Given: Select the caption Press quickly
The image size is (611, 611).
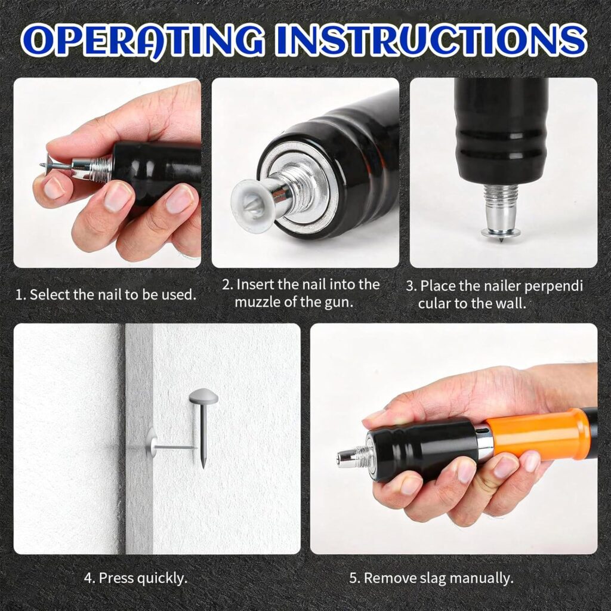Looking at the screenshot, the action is pyautogui.click(x=135, y=578).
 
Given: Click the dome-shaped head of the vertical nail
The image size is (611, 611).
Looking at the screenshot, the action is pyautogui.click(x=203, y=396).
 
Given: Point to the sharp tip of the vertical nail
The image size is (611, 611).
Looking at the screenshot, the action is pyautogui.click(x=203, y=467).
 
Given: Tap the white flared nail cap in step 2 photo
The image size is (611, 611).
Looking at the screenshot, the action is pyautogui.click(x=249, y=199).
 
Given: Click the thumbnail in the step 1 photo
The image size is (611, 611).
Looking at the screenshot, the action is pyautogui.click(x=54, y=187).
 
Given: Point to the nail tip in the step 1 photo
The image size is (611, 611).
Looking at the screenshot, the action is pyautogui.click(x=41, y=165).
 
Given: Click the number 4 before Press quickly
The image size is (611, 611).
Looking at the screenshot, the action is pyautogui.click(x=88, y=578).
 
